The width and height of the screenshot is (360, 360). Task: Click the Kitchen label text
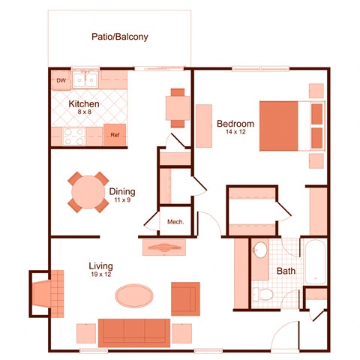(x=85, y=103)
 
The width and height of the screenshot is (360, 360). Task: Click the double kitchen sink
(x=89, y=79)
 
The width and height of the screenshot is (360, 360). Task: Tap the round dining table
(x=88, y=192)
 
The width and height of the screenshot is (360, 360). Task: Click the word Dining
(x=122, y=191)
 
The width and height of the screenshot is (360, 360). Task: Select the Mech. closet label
(x=175, y=222)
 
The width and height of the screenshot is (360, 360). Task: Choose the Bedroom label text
(x=235, y=123)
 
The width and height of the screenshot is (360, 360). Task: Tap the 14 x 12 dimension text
(x=236, y=133)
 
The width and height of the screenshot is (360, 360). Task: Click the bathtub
(x=315, y=262)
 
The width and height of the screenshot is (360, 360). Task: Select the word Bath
(x=286, y=271)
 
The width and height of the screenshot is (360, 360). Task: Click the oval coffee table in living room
(x=137, y=295)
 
